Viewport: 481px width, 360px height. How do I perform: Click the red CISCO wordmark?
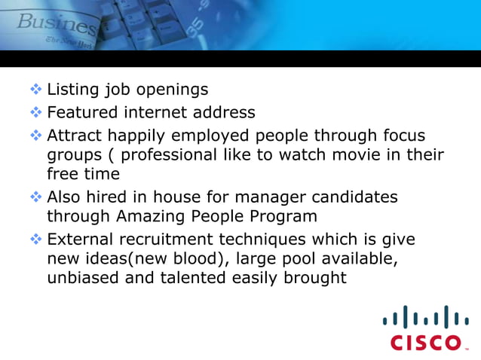pyautogui.click(x=426, y=343)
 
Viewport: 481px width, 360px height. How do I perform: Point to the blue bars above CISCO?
pyautogui.click(x=426, y=316)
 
